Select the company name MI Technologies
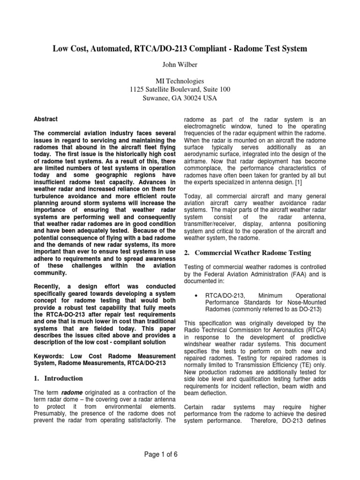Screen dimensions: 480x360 (180, 81)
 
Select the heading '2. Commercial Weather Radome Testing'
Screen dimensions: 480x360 (247, 253)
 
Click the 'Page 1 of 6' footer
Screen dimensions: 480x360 (180, 454)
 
